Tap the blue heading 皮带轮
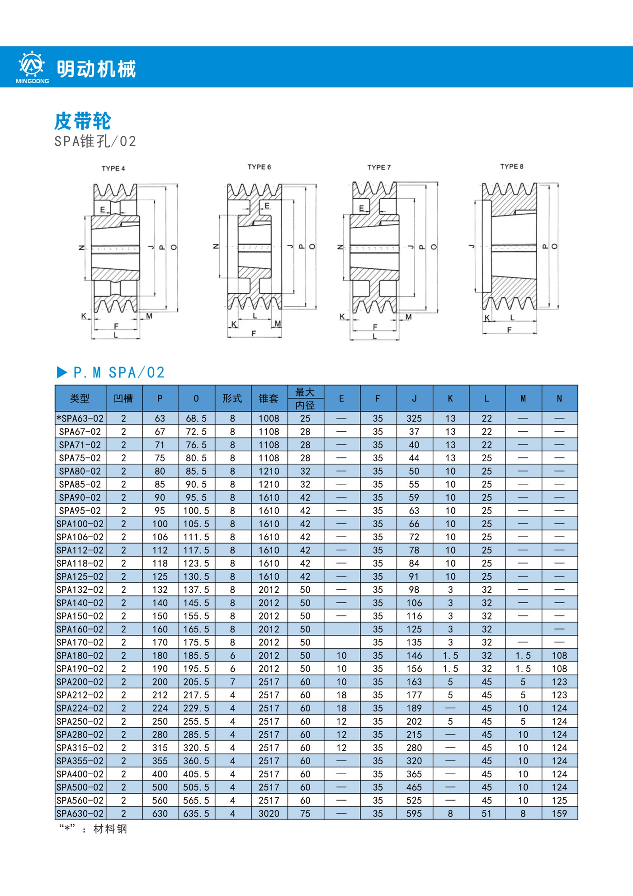(x=83, y=121)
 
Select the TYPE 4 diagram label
(x=113, y=168)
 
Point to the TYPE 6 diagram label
(x=259, y=167)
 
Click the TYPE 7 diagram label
(x=379, y=167)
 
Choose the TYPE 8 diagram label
(x=511, y=167)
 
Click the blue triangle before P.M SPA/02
(x=62, y=372)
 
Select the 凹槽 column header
(x=123, y=398)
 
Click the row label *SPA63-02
(x=80, y=419)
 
